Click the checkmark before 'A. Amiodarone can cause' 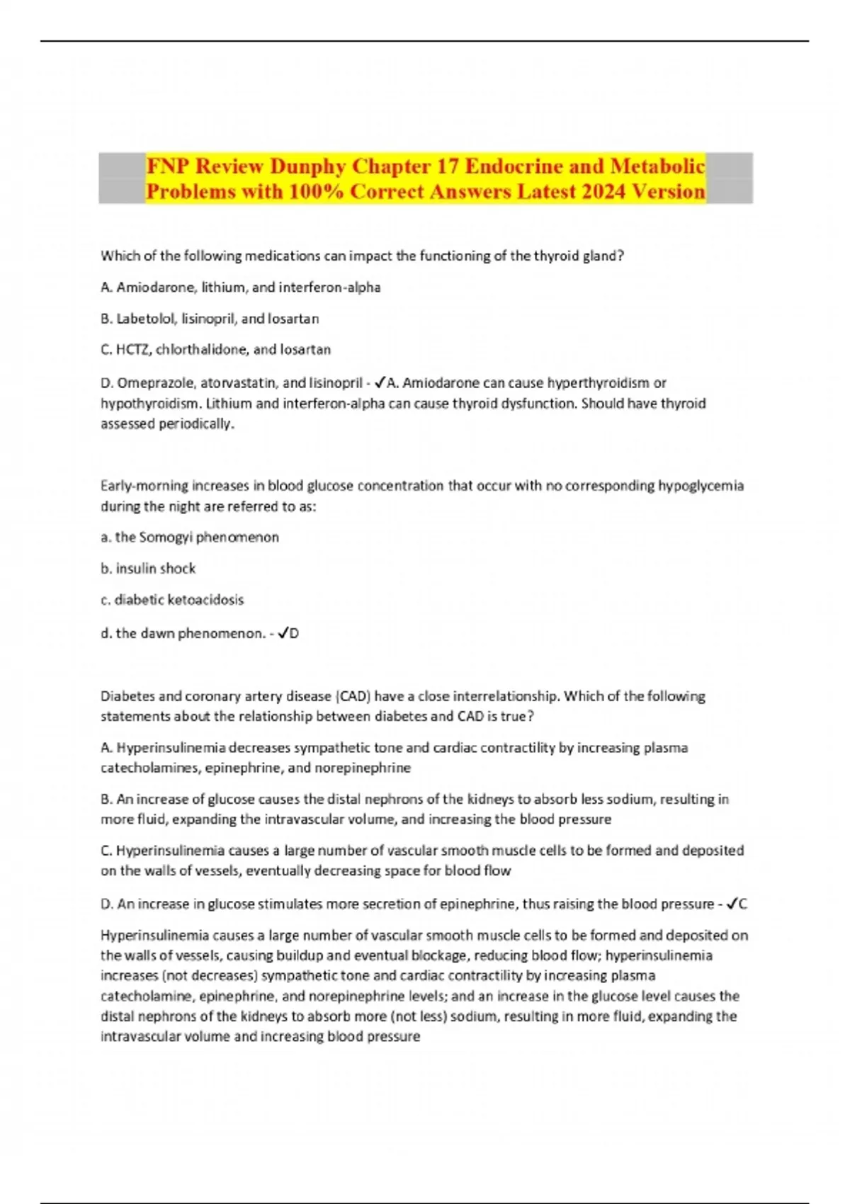pyautogui.click(x=380, y=383)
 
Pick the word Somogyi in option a pyautogui.click(x=165, y=538)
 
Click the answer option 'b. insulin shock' pyautogui.click(x=148, y=569)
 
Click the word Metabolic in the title pyautogui.click(x=657, y=166)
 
